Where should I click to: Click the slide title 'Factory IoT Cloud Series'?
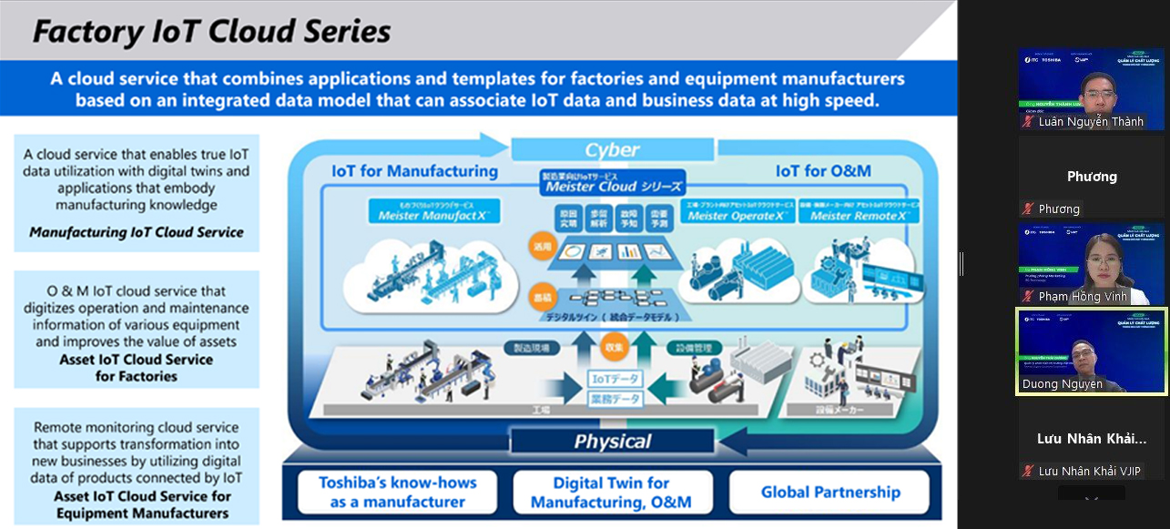click(x=211, y=33)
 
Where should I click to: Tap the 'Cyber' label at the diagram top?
click(x=612, y=149)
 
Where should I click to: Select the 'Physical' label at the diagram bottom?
click(x=612, y=442)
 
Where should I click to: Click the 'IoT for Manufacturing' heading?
click(x=414, y=171)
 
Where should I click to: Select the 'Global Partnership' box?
click(x=830, y=493)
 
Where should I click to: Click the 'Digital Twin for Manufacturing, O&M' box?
click(x=611, y=493)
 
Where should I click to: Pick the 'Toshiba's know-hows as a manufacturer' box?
click(x=397, y=493)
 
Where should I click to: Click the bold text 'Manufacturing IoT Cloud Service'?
click(x=137, y=232)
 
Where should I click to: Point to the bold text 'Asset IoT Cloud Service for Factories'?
click(x=137, y=368)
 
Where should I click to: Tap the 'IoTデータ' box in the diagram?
click(x=616, y=379)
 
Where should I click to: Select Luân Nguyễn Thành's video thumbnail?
click(x=1091, y=89)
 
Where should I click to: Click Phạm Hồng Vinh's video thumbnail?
click(x=1091, y=264)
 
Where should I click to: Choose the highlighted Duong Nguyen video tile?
click(x=1091, y=351)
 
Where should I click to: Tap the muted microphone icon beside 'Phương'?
click(x=1028, y=209)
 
